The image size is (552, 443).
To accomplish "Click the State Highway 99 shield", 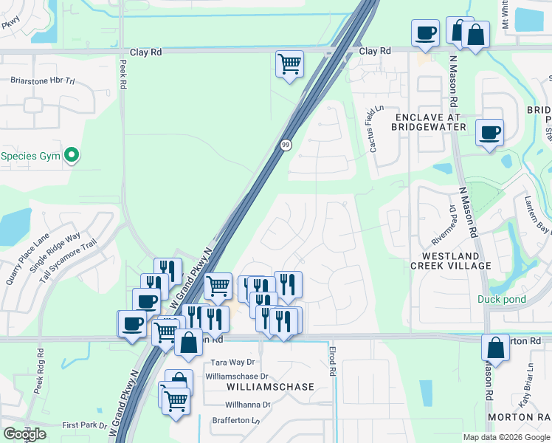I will [285, 145].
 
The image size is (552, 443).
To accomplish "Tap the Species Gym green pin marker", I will [72, 155].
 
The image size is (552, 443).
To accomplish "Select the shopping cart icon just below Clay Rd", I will [289, 63].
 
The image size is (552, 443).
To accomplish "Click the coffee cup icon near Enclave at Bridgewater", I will [489, 133].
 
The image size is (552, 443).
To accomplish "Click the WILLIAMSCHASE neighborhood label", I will [269, 387].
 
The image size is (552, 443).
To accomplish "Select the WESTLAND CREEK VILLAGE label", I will [451, 260].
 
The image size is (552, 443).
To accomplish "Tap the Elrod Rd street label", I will [333, 359].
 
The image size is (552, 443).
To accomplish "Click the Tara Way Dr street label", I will [232, 363].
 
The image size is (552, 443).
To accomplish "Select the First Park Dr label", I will [85, 425].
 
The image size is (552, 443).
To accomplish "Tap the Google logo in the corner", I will [24, 434].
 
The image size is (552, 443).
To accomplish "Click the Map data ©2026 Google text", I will [506, 437].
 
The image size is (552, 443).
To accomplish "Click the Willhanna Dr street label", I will [248, 405].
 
